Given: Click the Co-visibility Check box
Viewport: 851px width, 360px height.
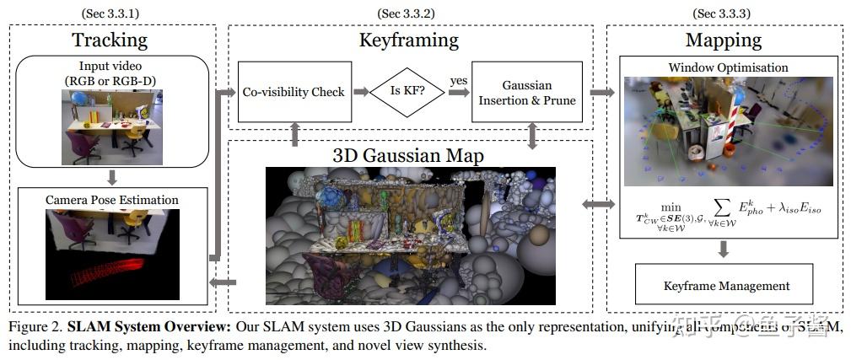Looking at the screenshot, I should (293, 91).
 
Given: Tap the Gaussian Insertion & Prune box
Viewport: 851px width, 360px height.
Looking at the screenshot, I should (527, 91).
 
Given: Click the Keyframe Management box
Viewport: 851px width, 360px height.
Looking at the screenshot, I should (724, 285).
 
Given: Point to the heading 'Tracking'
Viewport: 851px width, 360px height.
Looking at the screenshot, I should (110, 40).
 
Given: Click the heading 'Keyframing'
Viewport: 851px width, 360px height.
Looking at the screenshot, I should (408, 40).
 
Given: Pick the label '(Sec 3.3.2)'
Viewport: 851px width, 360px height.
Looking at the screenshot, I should (409, 13).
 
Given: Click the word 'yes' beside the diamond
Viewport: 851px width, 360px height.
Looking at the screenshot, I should (458, 81).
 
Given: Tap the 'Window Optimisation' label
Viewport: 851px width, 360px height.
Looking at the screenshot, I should (727, 67).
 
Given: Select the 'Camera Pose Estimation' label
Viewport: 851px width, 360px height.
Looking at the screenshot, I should (112, 200).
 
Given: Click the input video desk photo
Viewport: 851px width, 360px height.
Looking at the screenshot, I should (111, 126).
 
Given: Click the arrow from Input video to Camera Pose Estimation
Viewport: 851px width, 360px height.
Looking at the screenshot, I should (112, 176).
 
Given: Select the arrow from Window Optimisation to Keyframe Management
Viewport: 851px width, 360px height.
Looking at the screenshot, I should (724, 249).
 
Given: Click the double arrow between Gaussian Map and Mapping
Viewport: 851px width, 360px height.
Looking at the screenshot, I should (599, 204).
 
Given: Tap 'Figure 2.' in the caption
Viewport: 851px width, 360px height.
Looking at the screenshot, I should (35, 327).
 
